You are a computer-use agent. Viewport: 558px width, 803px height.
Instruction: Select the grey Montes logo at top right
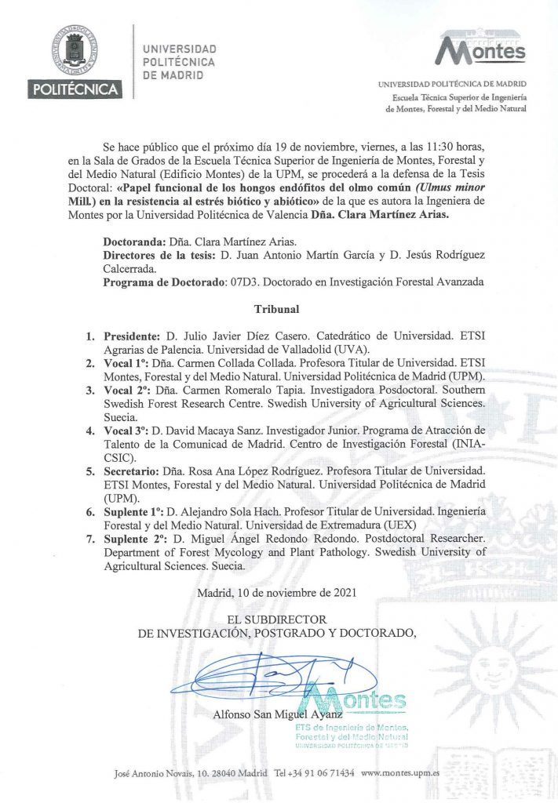click(480, 48)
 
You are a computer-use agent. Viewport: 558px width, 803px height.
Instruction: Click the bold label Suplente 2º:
click(135, 540)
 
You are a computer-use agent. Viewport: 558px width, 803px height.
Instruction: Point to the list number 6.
click(89, 512)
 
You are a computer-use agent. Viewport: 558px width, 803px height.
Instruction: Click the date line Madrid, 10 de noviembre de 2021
click(279, 593)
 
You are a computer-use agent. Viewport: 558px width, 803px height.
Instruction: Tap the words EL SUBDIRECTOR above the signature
click(263, 620)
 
